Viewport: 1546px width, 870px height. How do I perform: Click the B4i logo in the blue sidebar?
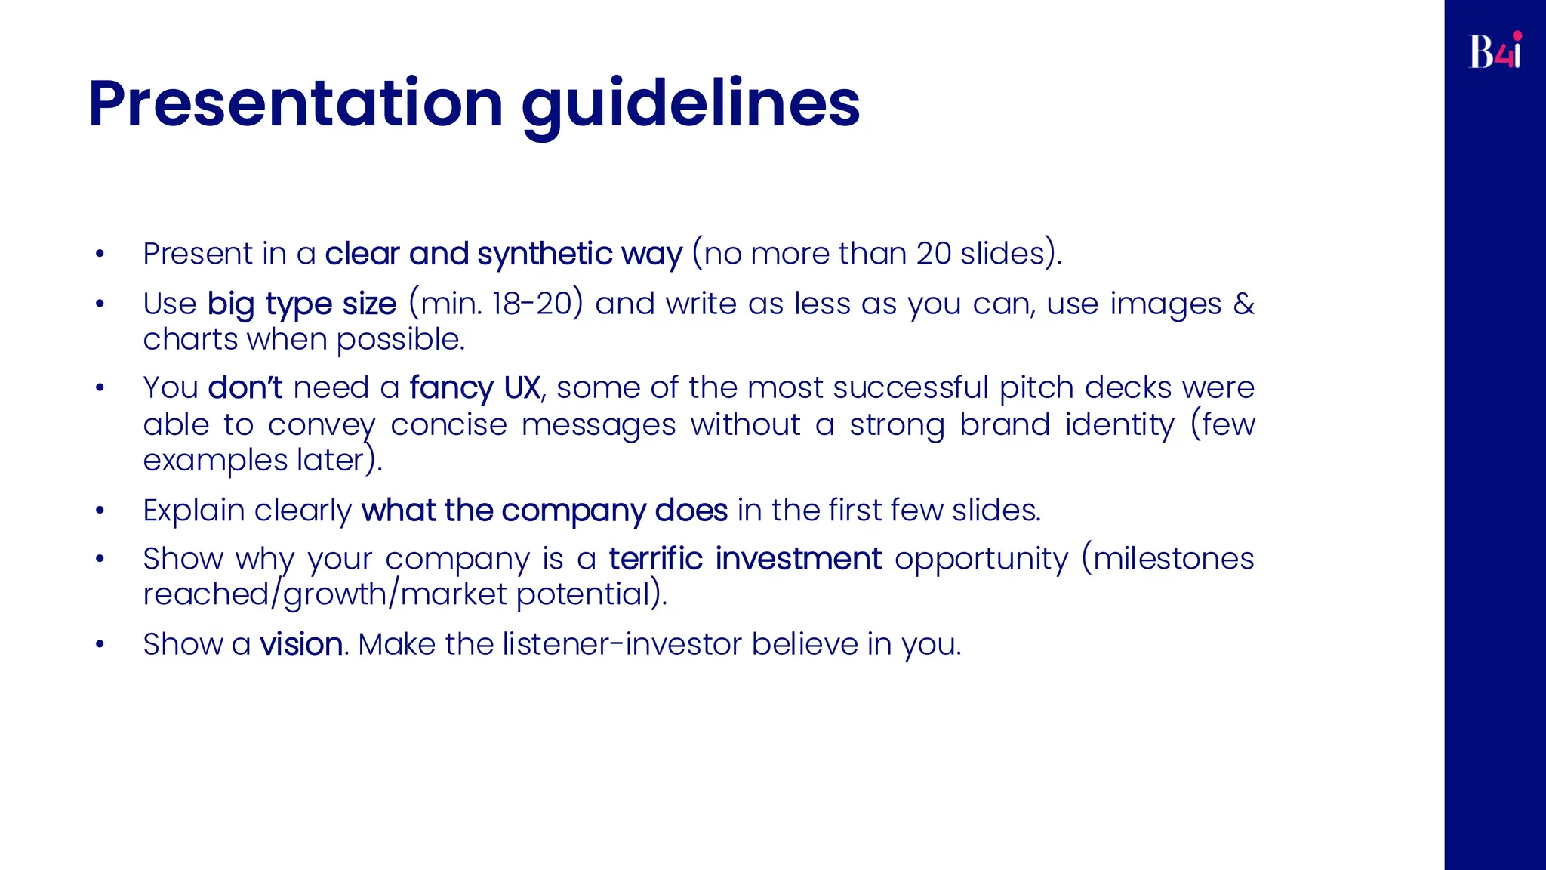click(1495, 51)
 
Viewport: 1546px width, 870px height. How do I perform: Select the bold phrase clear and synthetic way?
click(504, 254)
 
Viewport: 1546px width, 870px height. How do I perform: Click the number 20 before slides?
click(933, 254)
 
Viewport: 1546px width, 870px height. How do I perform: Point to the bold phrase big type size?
click(301, 304)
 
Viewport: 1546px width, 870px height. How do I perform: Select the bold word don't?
click(245, 387)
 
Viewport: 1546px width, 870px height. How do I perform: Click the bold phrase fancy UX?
click(475, 387)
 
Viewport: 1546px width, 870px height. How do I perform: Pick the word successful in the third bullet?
click(910, 387)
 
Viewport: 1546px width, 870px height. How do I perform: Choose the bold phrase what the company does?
click(544, 511)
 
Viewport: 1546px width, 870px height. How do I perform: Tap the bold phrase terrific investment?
click(745, 559)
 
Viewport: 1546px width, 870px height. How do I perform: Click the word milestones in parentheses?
click(1173, 559)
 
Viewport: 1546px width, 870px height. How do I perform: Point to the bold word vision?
click(301, 644)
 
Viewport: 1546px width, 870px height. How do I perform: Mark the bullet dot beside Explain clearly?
click(100, 511)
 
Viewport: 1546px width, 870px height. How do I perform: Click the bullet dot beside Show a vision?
click(100, 645)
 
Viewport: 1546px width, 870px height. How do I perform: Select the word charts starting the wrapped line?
click(191, 340)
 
